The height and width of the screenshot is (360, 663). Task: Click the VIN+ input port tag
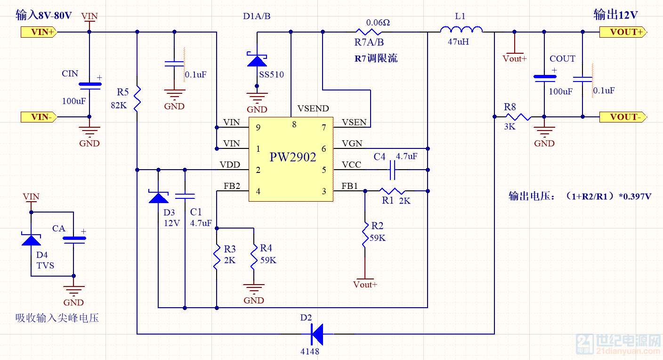[39, 32]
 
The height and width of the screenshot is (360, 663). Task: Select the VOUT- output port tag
[622, 117]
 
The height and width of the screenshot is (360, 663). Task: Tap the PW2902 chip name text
[292, 157]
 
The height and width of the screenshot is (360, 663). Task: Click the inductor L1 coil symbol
[461, 31]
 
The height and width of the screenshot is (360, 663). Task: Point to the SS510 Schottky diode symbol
[257, 60]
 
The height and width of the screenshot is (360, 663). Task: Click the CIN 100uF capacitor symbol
[89, 86]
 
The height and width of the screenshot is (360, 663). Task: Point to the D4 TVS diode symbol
[31, 239]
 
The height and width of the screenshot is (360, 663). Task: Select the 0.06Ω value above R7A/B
[378, 22]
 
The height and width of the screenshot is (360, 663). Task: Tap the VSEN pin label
[354, 123]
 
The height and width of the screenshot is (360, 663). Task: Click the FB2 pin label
[232, 186]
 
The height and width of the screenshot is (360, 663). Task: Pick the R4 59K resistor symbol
[253, 256]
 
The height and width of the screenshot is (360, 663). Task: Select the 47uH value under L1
[458, 42]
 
